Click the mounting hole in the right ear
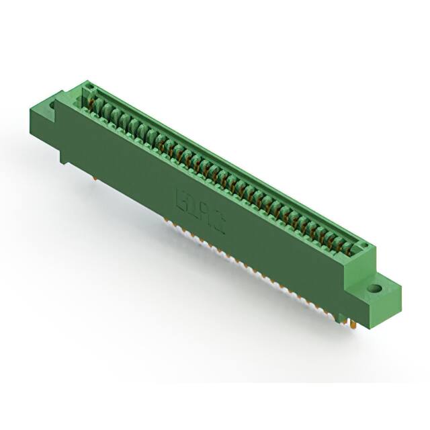coord(377,290)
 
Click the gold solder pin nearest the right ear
coord(351,325)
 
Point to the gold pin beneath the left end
coord(96,178)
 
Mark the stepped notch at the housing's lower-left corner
coord(64,159)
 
